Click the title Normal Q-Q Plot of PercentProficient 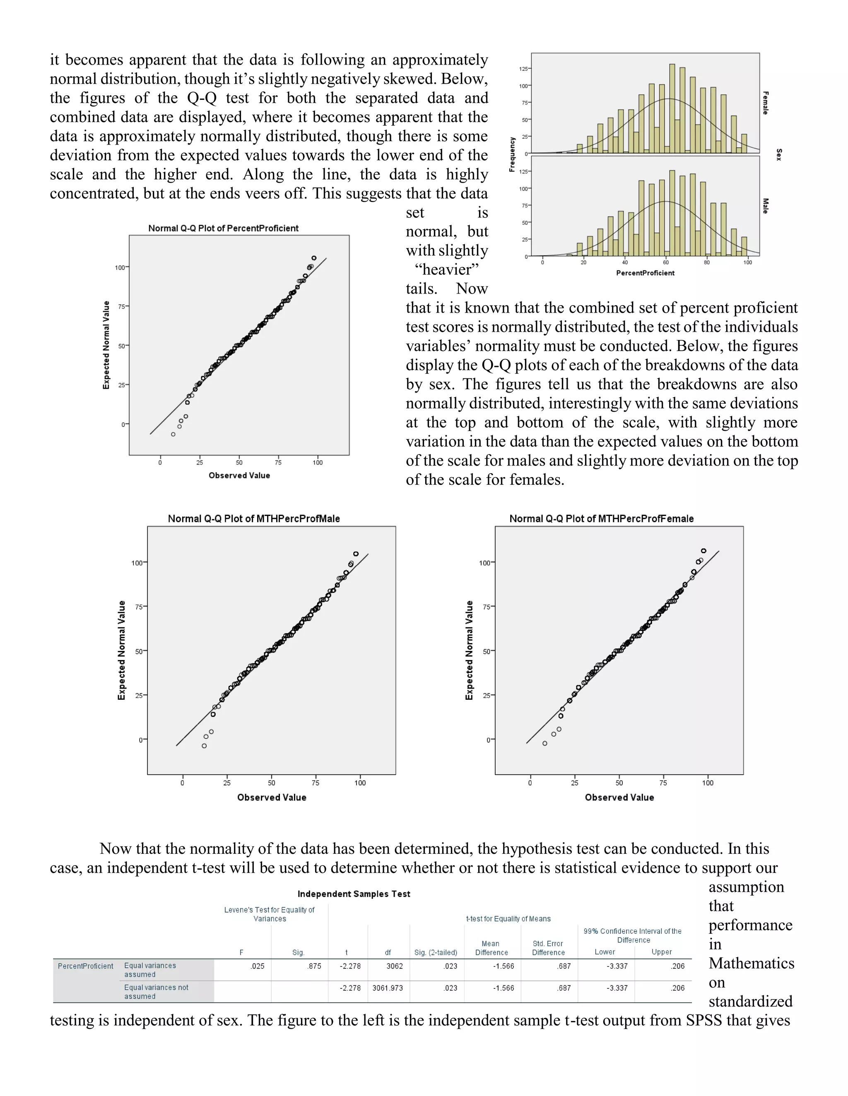pos(223,228)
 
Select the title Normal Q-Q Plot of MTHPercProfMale pos(253,518)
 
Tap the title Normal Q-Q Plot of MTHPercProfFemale pos(601,518)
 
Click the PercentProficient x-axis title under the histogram pos(645,273)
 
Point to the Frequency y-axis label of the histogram pos(512,154)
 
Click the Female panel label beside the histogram pos(765,103)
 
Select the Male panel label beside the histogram pos(765,206)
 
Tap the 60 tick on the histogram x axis pos(665,263)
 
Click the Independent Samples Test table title pos(354,894)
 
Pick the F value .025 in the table pos(257,966)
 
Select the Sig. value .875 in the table pos(314,966)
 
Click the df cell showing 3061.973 pos(388,988)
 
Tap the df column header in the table pos(388,952)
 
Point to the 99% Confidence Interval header pos(632,935)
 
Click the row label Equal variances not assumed pos(156,992)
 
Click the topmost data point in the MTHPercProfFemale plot pos(703,551)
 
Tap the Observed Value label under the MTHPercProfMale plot pos(272,797)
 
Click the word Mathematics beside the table pos(751,963)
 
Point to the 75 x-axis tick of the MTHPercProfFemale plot pos(663,783)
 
